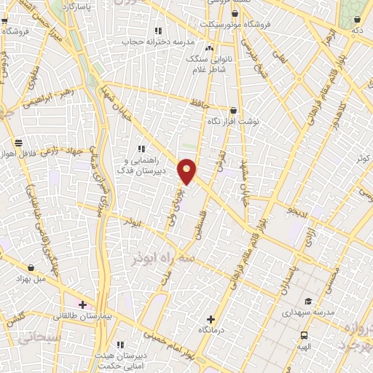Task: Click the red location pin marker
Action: (187, 171)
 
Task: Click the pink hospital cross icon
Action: (82, 305)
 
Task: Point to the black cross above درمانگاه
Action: (211, 318)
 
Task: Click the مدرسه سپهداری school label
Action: (308, 312)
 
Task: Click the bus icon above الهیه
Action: (304, 336)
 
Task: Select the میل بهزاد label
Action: (31, 278)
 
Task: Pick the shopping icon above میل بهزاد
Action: (31, 267)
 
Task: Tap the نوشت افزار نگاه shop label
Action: (233, 121)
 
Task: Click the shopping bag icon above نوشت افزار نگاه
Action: (233, 111)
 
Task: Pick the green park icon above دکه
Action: (357, 20)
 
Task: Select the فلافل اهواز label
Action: (18, 154)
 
